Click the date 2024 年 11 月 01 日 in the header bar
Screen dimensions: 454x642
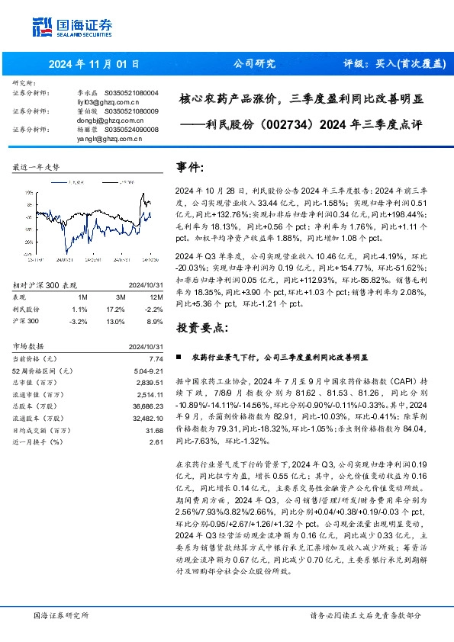(x=91, y=64)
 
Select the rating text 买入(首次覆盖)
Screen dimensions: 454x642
(x=404, y=64)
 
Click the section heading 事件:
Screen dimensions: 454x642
(x=191, y=167)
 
